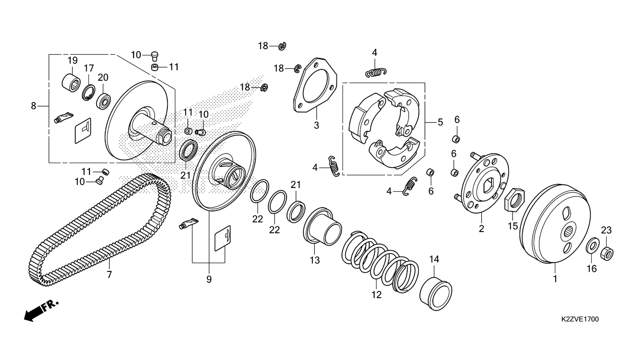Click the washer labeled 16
coord(593,245)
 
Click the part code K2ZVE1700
coord(580,319)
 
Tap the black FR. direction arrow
coord(33,314)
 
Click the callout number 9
coord(209,279)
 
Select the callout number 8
coord(33,106)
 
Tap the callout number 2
coord(481,229)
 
